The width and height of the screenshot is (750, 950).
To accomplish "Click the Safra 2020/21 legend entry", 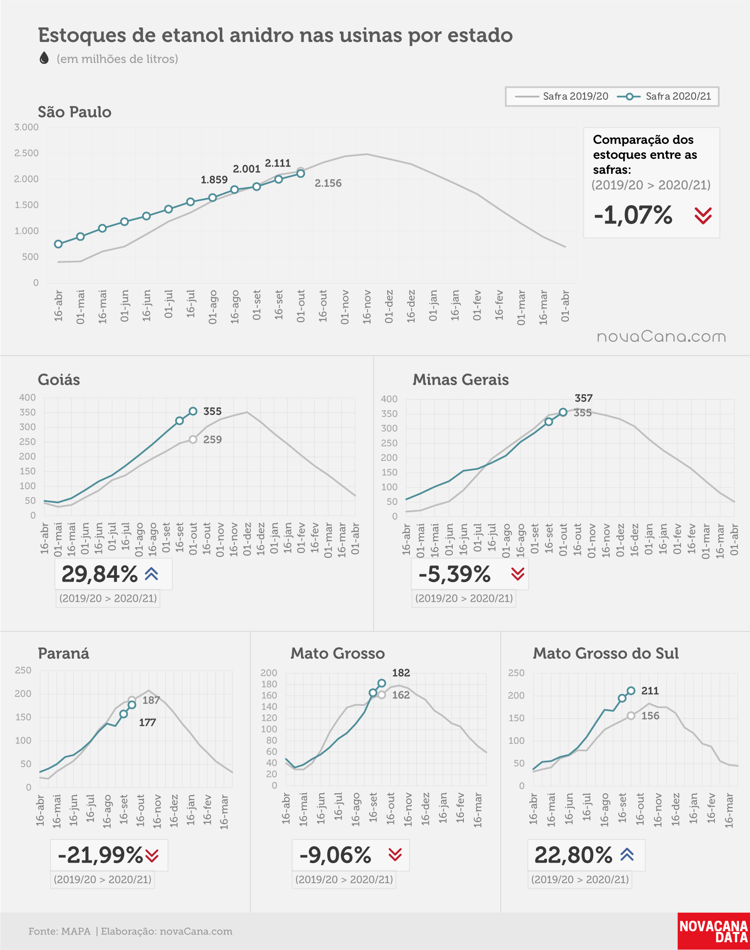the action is pyautogui.click(x=664, y=96).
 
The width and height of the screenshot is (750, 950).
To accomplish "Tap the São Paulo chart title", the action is pyautogui.click(x=75, y=112).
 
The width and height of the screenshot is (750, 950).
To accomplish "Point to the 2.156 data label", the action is pyautogui.click(x=328, y=183).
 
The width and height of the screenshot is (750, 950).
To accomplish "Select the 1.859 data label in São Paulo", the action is pyautogui.click(x=214, y=179).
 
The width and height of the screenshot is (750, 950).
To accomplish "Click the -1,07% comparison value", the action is pyautogui.click(x=633, y=215).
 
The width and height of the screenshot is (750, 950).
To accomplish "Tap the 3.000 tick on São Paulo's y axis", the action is pyautogui.click(x=27, y=127).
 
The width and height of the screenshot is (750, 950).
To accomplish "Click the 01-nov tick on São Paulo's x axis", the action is pyautogui.click(x=345, y=307).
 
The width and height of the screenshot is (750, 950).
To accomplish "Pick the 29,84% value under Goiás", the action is pyautogui.click(x=100, y=574).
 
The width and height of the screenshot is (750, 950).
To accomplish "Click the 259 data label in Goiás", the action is pyautogui.click(x=212, y=439).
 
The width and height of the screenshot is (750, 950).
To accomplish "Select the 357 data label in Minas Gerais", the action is pyautogui.click(x=583, y=398).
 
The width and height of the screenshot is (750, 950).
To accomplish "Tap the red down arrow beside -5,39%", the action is pyautogui.click(x=518, y=574).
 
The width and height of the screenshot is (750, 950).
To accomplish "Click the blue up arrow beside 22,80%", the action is pyautogui.click(x=627, y=854).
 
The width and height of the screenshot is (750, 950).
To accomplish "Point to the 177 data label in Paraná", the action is pyautogui.click(x=147, y=723).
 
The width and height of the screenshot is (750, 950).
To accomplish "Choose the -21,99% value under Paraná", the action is pyautogui.click(x=100, y=855).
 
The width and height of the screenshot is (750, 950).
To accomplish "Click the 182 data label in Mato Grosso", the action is pyautogui.click(x=401, y=672).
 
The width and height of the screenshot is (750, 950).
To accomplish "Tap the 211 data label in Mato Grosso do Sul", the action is pyautogui.click(x=650, y=691).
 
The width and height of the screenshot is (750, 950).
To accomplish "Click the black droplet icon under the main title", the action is pyautogui.click(x=44, y=58).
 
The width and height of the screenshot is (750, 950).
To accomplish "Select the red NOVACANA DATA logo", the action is pyautogui.click(x=714, y=931).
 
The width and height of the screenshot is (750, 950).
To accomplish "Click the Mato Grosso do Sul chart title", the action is pyautogui.click(x=606, y=653).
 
